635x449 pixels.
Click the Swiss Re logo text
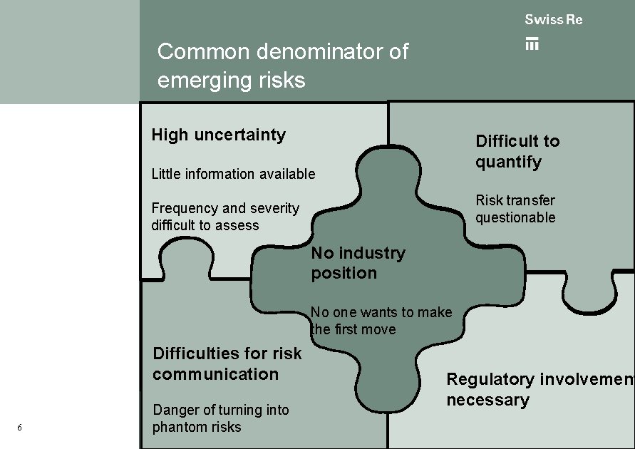pos(553,20)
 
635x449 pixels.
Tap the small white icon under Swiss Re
pos(532,43)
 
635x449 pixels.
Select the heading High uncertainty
pos(218,135)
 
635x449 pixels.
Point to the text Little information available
pos(233,174)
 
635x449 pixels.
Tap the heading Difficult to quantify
pos(517,151)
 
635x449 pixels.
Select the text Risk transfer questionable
pos(515,209)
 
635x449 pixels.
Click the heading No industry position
pos(358,263)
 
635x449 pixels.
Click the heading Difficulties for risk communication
pos(227,363)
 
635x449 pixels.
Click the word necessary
pos(487,400)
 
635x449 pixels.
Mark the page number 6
pos(19,428)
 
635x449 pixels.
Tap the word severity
pos(274,208)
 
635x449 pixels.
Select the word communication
pos(215,374)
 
